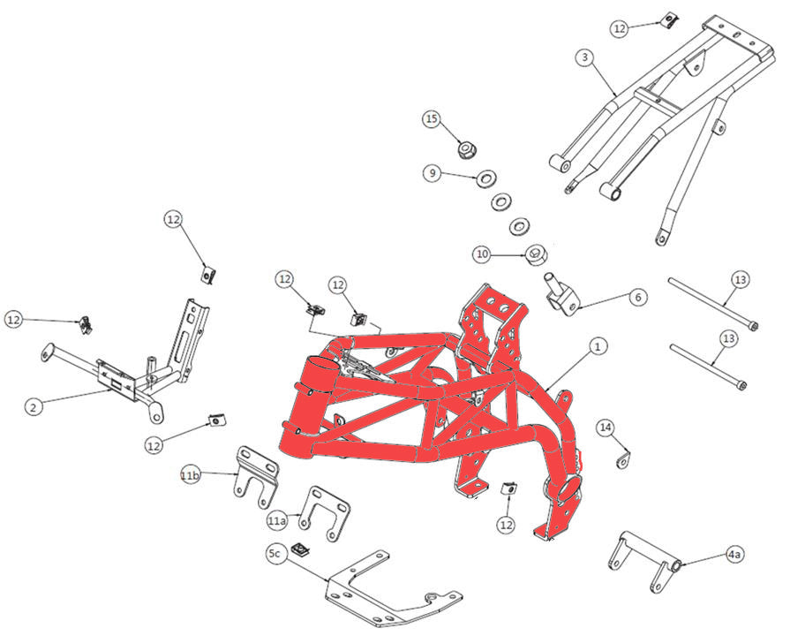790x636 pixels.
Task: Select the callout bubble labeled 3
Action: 584,57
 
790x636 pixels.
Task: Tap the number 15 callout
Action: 431,118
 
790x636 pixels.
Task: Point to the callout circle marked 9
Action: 433,174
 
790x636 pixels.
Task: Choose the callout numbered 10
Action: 481,254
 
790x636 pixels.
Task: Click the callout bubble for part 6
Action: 637,298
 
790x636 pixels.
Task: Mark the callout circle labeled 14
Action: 606,428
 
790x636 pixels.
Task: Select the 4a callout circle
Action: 734,555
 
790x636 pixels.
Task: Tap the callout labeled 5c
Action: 275,554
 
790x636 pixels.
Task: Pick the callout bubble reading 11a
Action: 277,521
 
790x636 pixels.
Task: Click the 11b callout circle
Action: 190,476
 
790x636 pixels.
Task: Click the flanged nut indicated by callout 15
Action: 463,148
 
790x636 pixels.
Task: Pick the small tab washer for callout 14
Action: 624,460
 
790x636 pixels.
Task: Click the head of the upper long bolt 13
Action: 749,326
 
